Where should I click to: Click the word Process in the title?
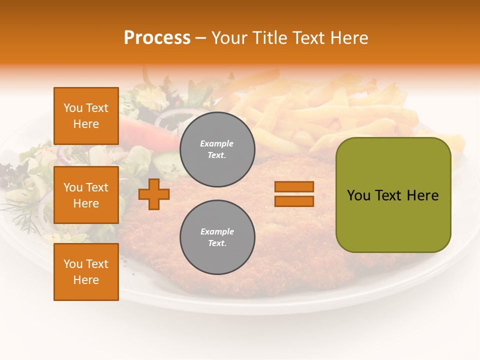(x=157, y=38)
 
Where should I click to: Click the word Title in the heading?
(x=269, y=38)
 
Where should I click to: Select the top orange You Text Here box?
(x=86, y=116)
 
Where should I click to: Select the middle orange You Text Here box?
(x=86, y=195)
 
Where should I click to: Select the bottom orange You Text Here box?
(x=86, y=272)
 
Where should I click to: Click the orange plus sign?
(x=154, y=194)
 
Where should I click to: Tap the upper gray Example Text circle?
(x=217, y=149)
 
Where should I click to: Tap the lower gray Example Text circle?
(x=217, y=237)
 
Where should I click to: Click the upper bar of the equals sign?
(x=294, y=186)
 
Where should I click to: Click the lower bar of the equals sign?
(x=294, y=201)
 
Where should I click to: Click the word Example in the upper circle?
(x=216, y=143)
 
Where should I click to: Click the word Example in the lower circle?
(x=217, y=231)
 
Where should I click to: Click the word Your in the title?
(x=229, y=38)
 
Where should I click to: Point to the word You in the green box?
(x=358, y=195)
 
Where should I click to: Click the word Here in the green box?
(x=423, y=195)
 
